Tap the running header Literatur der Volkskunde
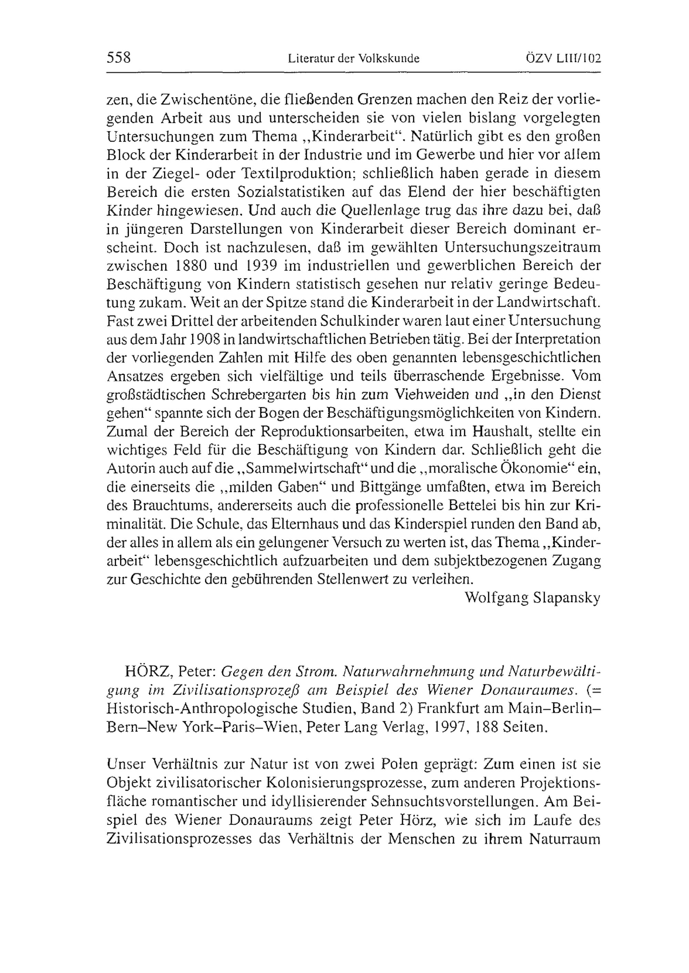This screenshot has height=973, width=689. point(353,59)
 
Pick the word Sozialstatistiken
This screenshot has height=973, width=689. point(291,192)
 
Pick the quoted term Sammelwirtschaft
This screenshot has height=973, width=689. point(302,469)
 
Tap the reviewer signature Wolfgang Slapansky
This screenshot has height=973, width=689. point(533,598)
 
